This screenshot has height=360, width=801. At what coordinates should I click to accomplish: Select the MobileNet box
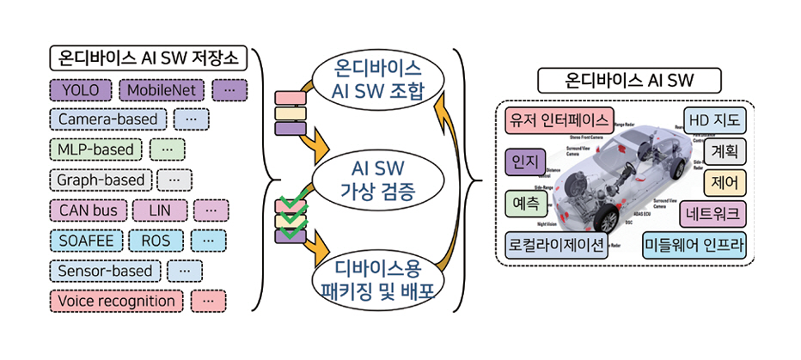162,90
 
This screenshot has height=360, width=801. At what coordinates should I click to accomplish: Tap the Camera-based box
107,120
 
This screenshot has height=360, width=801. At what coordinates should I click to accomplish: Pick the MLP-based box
95,150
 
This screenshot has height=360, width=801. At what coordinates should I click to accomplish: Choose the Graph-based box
101,180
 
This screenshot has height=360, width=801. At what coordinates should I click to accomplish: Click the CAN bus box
89,211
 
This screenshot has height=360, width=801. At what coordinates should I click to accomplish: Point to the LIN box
160,211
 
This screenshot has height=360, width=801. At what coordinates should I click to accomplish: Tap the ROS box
156,241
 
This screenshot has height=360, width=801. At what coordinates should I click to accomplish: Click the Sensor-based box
105,271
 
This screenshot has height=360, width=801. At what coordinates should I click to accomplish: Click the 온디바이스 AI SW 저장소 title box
149,58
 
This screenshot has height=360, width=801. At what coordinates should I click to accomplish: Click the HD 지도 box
715,119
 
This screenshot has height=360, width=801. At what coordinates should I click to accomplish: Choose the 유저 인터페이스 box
559,119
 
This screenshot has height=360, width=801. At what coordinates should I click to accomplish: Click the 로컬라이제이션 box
556,244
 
